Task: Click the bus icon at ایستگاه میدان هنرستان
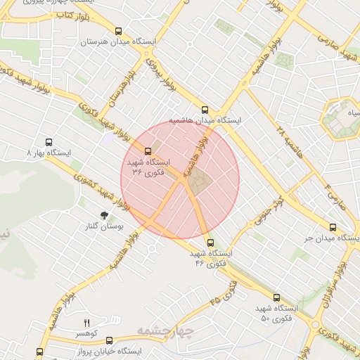[x=118, y=32]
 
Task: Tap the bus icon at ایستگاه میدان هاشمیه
[x=205, y=110]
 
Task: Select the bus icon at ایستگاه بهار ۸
[x=49, y=141]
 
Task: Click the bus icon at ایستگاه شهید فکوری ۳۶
[x=148, y=151]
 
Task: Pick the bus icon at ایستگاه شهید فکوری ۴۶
[x=210, y=243]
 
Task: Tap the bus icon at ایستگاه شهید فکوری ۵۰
[x=276, y=298]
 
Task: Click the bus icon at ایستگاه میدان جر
[x=333, y=228]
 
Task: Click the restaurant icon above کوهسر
[x=87, y=323]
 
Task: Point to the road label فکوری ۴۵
[x=224, y=291]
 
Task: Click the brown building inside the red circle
[x=199, y=181]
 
